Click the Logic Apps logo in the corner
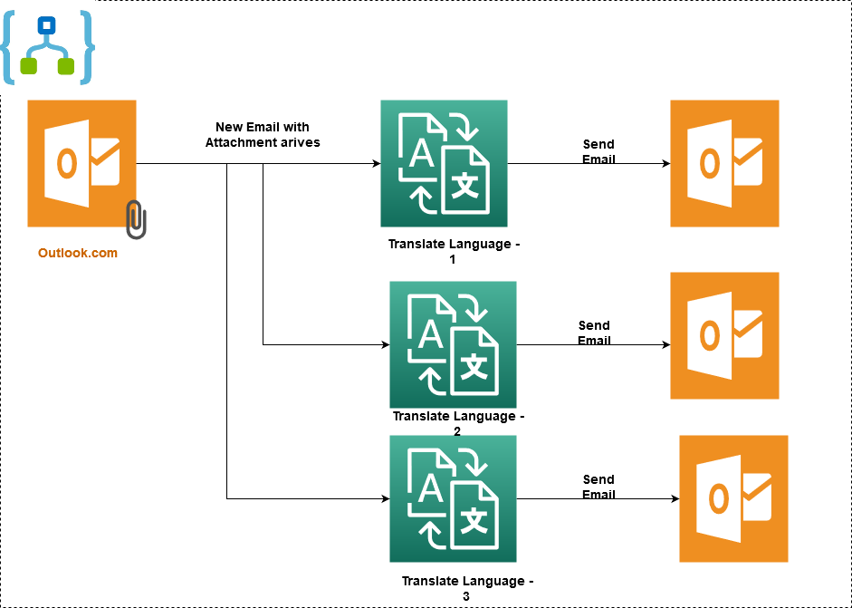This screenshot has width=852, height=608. (47, 45)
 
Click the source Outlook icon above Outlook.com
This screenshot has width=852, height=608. (81, 163)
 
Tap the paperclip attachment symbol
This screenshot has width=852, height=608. (136, 219)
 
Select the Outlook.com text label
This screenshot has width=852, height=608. (78, 253)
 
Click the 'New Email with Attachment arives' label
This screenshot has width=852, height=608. (263, 134)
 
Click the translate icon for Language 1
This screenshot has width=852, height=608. (444, 163)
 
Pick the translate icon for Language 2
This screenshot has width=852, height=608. (453, 344)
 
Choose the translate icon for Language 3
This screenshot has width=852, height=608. (453, 498)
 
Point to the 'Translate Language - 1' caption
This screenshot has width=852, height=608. (454, 251)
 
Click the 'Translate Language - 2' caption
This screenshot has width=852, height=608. (458, 423)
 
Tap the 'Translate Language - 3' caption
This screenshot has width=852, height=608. (467, 588)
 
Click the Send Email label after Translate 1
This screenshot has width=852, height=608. (598, 151)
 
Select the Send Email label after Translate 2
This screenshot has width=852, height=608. (594, 333)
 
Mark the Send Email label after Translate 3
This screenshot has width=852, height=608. (598, 487)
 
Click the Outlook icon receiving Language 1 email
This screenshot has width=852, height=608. (724, 163)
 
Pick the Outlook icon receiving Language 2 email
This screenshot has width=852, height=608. (724, 335)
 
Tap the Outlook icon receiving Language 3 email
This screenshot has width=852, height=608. (733, 498)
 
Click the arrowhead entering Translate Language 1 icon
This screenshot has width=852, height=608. (376, 164)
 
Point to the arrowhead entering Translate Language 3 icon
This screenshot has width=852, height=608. (385, 498)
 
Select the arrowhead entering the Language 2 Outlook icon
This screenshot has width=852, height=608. (665, 345)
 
